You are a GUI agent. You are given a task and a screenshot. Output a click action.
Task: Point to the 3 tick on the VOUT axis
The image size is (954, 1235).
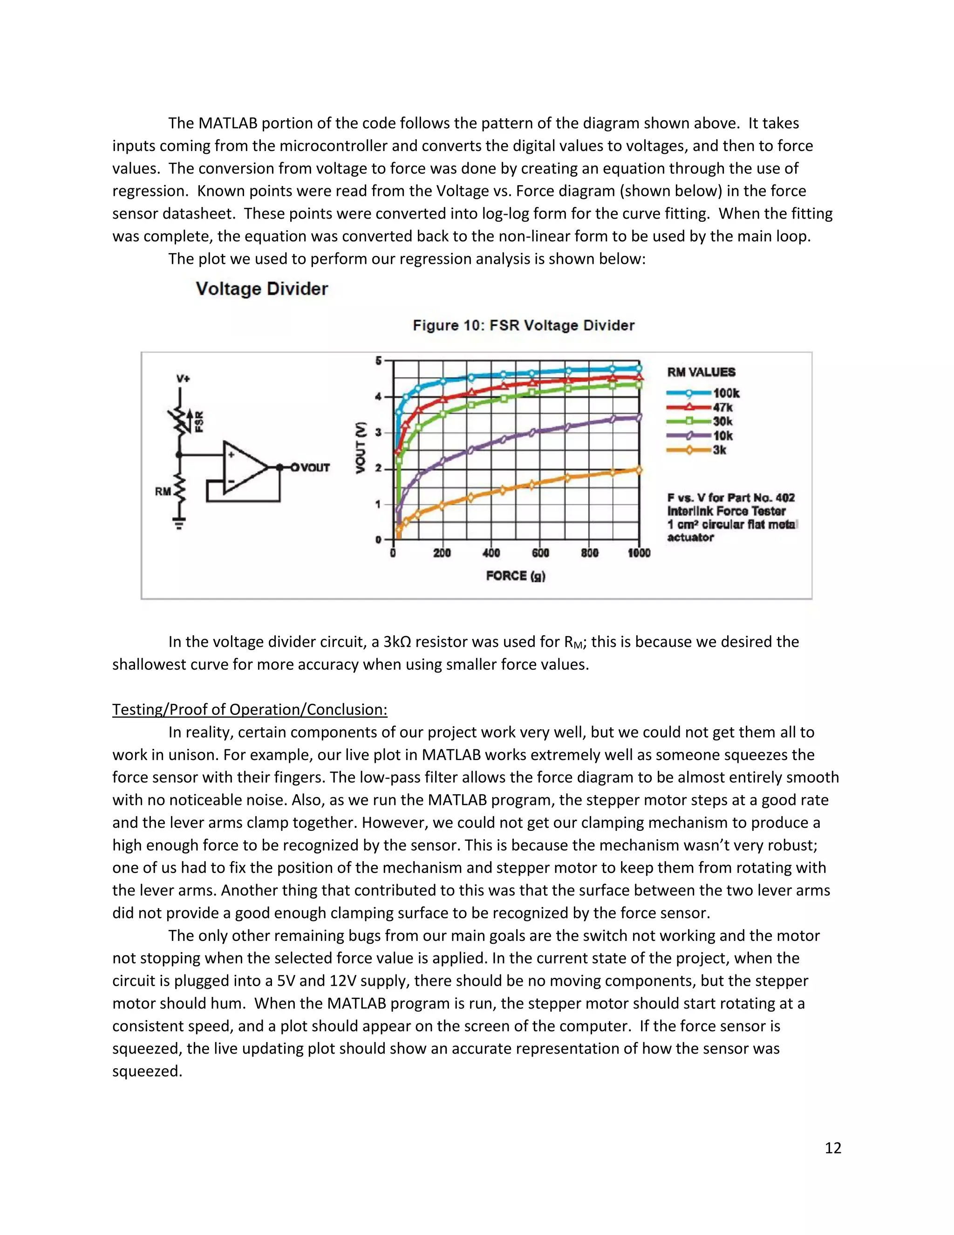pyautogui.click(x=379, y=432)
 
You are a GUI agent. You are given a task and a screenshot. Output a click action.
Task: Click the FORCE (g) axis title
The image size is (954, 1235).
pyautogui.click(x=516, y=576)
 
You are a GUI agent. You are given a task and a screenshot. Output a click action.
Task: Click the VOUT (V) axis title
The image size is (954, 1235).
pyautogui.click(x=361, y=448)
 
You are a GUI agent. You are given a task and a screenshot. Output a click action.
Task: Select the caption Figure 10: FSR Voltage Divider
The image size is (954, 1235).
pyautogui.click(x=523, y=325)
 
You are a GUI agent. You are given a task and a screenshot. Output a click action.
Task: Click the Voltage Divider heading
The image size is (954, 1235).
pyautogui.click(x=262, y=289)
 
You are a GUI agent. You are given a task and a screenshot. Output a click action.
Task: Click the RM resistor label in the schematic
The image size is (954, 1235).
pyautogui.click(x=163, y=491)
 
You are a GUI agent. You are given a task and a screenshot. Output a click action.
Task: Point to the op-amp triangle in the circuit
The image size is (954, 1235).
pyautogui.click(x=243, y=467)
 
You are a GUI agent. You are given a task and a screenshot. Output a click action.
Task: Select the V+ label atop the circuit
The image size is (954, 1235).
pyautogui.click(x=183, y=378)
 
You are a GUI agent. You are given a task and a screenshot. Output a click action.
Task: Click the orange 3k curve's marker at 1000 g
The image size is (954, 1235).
pyautogui.click(x=639, y=470)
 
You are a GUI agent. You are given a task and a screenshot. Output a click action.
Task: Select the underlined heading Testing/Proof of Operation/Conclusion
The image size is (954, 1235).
pyautogui.click(x=250, y=709)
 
